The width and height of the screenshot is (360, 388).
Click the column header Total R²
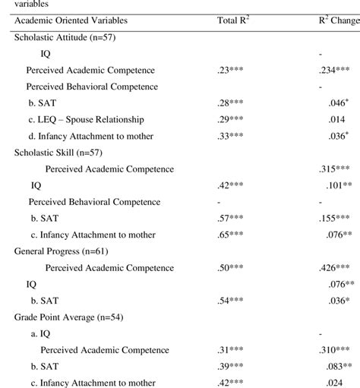pyautogui.click(x=233, y=20)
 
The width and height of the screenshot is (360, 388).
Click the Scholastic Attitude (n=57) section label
pyautogui.click(x=65, y=36)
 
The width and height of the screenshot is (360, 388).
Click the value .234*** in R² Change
pyautogui.click(x=334, y=70)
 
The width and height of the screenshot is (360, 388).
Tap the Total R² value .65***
pyautogui.click(x=230, y=235)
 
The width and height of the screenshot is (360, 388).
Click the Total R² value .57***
pyautogui.click(x=230, y=218)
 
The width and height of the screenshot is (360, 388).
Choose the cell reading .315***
pyautogui.click(x=334, y=169)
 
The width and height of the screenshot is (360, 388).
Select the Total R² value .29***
pyautogui.click(x=230, y=119)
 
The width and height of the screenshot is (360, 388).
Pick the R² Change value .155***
pyautogui.click(x=334, y=218)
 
